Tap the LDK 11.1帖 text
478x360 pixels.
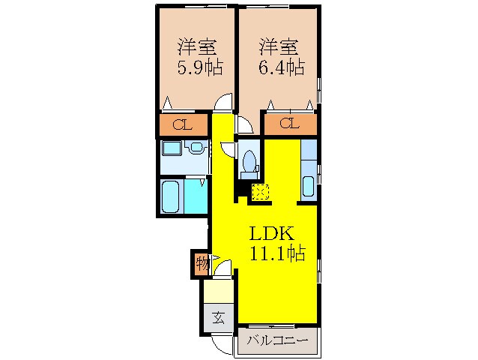pyautogui.click(x=276, y=244)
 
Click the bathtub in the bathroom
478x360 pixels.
pyautogui.click(x=172, y=197)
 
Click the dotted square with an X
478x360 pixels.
pyautogui.click(x=259, y=192)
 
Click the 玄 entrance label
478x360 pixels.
pyautogui.click(x=217, y=317)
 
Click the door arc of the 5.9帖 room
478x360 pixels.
pyautogui.click(x=223, y=106)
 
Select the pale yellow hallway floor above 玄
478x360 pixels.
pyautogui.click(x=219, y=289)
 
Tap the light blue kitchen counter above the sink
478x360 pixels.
pyautogui.click(x=308, y=154)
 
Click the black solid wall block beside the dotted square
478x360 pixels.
pyautogui.click(x=242, y=192)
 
